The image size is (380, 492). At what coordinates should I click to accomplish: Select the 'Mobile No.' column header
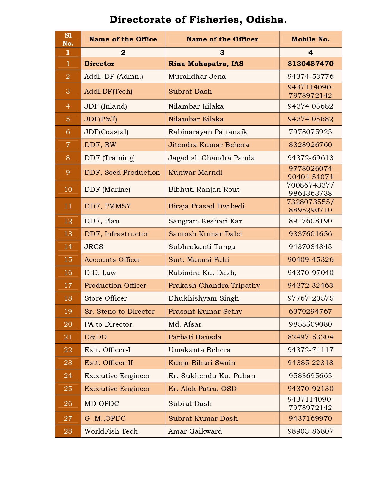click(310, 39)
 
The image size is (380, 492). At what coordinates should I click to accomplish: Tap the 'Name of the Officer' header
click(222, 39)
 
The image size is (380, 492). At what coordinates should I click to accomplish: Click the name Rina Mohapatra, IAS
click(206, 64)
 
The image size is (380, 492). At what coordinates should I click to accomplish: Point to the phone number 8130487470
click(310, 64)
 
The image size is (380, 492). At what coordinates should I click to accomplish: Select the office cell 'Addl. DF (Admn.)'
click(114, 77)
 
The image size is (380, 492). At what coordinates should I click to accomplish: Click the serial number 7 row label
click(68, 145)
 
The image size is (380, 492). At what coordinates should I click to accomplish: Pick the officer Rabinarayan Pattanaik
click(208, 132)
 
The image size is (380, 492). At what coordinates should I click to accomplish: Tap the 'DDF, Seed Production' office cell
click(122, 173)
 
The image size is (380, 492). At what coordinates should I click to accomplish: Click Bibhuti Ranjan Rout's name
click(204, 190)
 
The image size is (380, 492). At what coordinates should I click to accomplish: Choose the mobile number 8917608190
click(310, 221)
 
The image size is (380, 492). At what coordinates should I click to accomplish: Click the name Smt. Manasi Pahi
click(199, 260)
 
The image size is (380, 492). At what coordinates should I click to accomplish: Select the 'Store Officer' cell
click(106, 298)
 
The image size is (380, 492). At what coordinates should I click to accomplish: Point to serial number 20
click(68, 324)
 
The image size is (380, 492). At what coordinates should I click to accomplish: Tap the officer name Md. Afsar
click(185, 324)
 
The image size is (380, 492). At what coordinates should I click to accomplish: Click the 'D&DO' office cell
click(95, 337)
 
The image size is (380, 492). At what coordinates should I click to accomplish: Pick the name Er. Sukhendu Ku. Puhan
click(212, 376)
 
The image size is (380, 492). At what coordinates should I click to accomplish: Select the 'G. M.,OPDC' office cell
click(105, 419)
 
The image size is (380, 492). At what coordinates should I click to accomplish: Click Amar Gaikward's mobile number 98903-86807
click(310, 431)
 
